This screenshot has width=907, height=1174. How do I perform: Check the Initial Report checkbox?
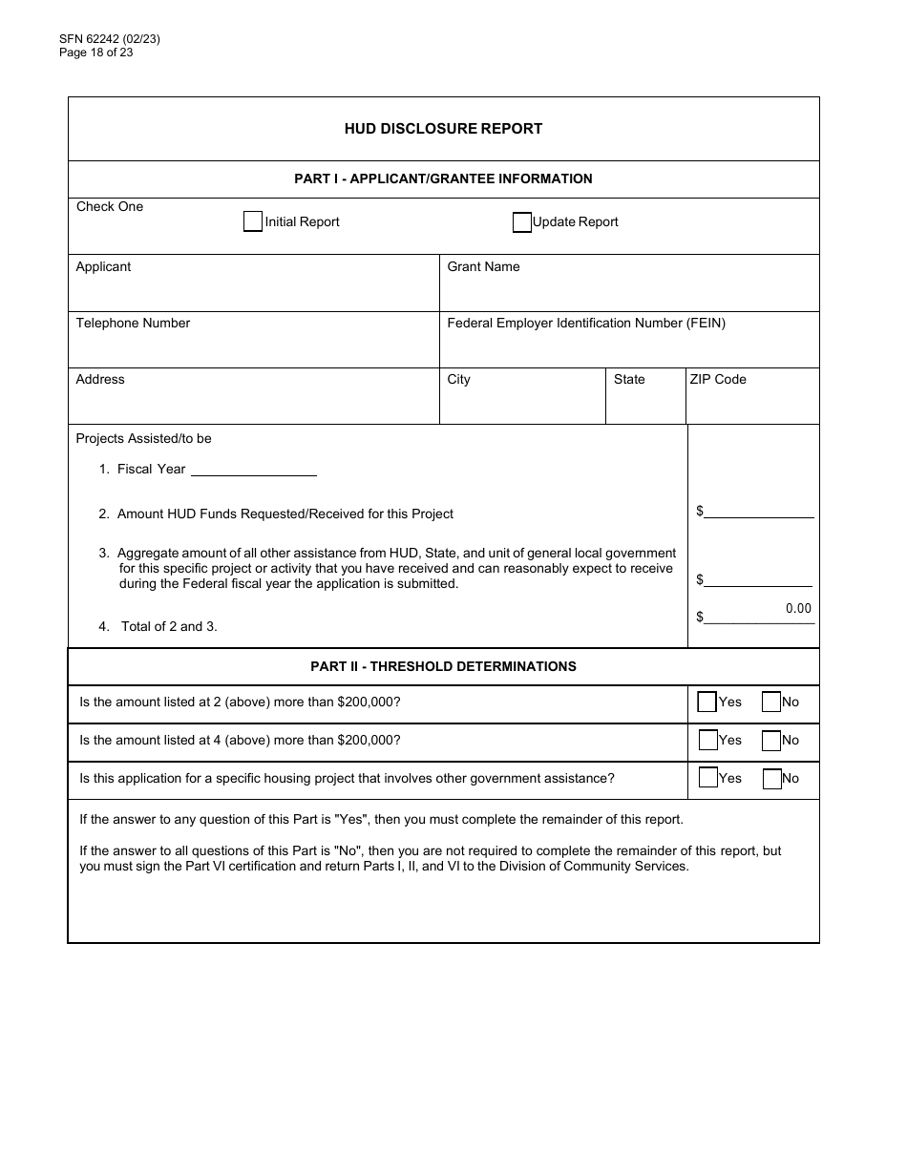click(x=252, y=221)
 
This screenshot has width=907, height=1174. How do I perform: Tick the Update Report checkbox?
click(x=522, y=222)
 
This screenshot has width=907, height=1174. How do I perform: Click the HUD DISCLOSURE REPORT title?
click(x=443, y=129)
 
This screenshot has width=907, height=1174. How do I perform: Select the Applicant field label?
click(x=103, y=267)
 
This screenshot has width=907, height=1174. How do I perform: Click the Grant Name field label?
click(x=483, y=267)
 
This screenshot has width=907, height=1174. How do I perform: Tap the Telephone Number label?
click(x=133, y=324)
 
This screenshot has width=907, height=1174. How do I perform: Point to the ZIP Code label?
click(x=718, y=380)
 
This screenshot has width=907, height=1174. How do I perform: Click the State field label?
click(x=629, y=380)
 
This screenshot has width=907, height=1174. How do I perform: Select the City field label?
click(x=458, y=380)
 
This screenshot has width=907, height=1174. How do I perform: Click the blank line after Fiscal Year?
click(x=253, y=469)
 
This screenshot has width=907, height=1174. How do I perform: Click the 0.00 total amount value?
click(x=798, y=609)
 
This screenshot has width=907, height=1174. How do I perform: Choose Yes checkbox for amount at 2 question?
click(x=707, y=702)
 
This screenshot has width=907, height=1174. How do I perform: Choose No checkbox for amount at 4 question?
click(x=771, y=741)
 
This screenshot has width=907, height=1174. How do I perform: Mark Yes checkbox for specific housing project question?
click(x=707, y=778)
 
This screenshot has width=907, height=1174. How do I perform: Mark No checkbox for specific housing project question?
click(x=772, y=779)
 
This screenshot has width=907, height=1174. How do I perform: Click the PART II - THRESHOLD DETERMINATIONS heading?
click(x=443, y=667)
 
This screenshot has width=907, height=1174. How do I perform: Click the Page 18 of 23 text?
click(x=95, y=52)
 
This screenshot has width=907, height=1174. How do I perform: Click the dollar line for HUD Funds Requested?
click(x=759, y=512)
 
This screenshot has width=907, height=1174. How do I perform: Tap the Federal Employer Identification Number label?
click(x=586, y=324)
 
